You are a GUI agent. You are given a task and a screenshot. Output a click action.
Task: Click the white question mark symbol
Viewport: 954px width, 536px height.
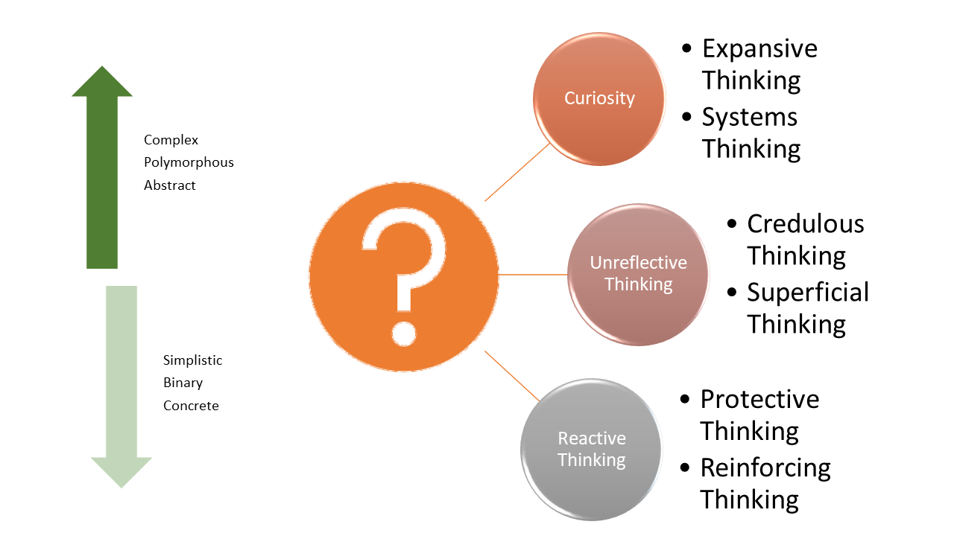click(x=404, y=275)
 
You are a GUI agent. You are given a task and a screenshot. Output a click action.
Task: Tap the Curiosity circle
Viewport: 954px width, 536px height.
click(x=599, y=99)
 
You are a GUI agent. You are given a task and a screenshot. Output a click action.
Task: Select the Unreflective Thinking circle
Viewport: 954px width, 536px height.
click(x=638, y=274)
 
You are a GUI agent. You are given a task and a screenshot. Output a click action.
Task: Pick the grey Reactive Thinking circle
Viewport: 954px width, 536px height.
click(x=591, y=449)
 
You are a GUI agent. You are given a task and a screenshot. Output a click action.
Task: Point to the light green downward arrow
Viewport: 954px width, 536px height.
click(x=121, y=387)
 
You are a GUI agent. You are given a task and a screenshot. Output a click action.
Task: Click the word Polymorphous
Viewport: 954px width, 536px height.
click(x=189, y=162)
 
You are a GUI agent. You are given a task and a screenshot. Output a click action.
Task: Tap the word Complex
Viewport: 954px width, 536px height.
click(x=171, y=140)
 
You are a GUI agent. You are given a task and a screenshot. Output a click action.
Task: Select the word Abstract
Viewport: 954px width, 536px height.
click(x=170, y=185)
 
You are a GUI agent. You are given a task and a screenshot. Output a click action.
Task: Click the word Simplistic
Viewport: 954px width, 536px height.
click(x=192, y=360)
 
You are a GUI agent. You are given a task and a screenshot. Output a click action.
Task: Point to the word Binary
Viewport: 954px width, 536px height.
click(x=183, y=383)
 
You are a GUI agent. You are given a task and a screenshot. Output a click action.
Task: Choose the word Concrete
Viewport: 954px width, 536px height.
click(x=191, y=406)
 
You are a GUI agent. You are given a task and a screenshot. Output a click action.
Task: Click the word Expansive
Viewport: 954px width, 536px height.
click(x=759, y=49)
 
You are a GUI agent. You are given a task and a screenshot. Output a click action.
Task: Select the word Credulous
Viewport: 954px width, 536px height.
click(x=805, y=224)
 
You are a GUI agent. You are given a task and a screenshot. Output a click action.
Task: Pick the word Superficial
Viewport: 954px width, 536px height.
click(x=808, y=293)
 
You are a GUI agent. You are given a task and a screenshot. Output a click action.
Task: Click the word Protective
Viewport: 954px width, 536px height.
click(x=759, y=400)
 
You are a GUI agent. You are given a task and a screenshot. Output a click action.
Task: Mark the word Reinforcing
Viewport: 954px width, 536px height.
click(x=765, y=468)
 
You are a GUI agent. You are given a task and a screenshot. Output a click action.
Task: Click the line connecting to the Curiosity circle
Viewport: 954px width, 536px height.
click(x=517, y=172)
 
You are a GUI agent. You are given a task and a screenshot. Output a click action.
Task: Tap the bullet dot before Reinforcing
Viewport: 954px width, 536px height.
click(x=686, y=468)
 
